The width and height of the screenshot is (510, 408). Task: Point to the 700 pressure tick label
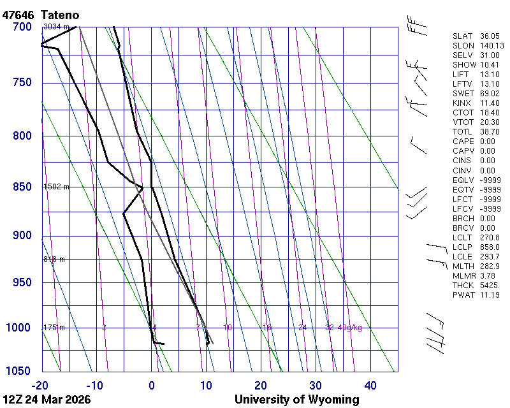coord(22,27)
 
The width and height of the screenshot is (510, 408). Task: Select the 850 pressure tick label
coord(22,187)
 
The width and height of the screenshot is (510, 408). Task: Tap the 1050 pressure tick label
coord(18,371)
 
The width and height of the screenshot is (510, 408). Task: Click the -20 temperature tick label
coord(41,385)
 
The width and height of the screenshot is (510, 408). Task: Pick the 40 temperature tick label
coord(370,385)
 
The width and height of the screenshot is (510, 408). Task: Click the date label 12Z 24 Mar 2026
coord(47,400)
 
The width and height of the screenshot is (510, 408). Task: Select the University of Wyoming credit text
coord(296,400)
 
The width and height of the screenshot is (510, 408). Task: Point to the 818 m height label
coord(54,259)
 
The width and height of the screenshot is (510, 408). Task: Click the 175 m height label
coord(54,328)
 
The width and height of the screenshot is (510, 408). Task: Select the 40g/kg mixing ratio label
coord(350,328)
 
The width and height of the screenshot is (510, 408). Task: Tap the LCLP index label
coord(462,247)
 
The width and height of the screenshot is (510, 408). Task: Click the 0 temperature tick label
coord(151,385)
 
